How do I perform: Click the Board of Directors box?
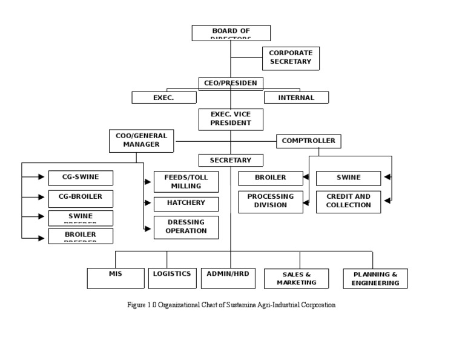[x=231, y=33]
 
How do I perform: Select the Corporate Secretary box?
[x=291, y=58]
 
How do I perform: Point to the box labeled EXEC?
[x=164, y=98]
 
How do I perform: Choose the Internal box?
[x=296, y=98]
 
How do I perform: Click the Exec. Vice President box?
[x=231, y=119]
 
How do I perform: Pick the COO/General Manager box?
[x=141, y=141]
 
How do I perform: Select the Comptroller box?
[x=309, y=141]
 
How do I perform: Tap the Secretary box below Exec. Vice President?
[x=231, y=161]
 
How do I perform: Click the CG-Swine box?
[x=81, y=178]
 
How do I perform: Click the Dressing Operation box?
[x=186, y=227]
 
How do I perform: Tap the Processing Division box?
[x=271, y=201]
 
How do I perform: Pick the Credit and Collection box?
[x=348, y=201]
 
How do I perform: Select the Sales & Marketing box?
[x=297, y=279]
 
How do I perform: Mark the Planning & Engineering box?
[x=375, y=279]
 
